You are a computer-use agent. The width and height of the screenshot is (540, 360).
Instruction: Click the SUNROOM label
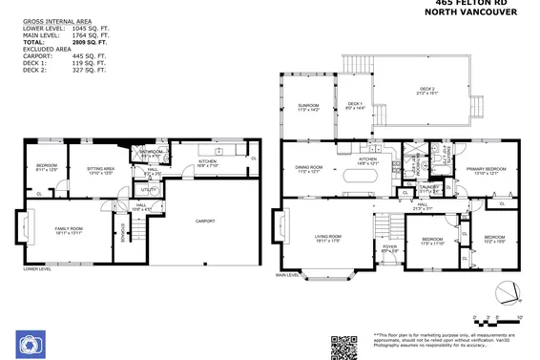307,107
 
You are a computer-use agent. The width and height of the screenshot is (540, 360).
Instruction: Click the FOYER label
389,248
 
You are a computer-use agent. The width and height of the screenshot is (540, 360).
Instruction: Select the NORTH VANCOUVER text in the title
471,13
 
